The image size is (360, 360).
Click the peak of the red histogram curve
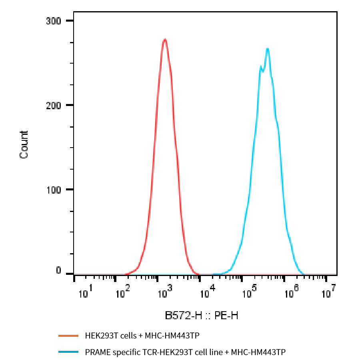coord(165,39)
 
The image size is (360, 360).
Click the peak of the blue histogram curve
coord(267,49)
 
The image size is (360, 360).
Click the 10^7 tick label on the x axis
coord(328,293)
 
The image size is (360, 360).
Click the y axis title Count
coord(24,145)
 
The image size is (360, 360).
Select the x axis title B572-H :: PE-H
coord(202,316)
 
